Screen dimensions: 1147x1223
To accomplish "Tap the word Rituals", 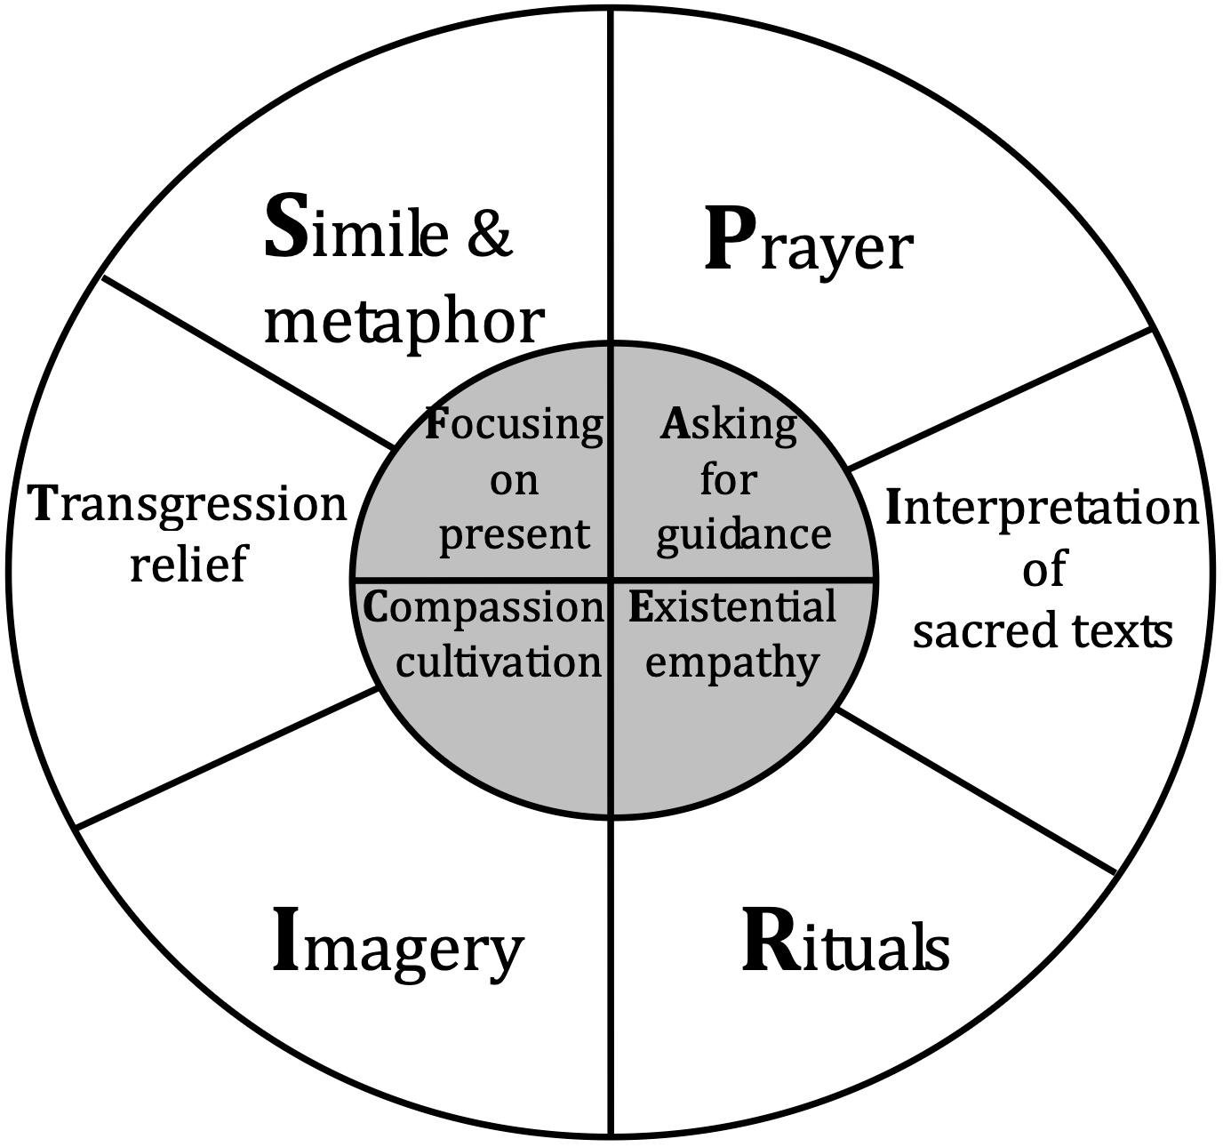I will tap(845, 947).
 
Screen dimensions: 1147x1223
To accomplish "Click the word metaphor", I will tap(404, 320).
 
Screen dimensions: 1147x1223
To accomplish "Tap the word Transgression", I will tap(188, 505).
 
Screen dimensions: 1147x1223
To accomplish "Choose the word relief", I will tap(188, 563).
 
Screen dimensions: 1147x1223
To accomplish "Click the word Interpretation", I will tap(1043, 509).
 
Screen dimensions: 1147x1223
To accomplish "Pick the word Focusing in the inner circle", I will tap(514, 425).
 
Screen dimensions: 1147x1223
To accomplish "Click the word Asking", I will tap(728, 425).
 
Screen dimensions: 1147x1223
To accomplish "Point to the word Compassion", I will tap(484, 608).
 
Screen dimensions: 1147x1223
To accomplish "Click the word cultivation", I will tap(499, 662).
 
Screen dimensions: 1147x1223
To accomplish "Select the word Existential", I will tap(732, 608).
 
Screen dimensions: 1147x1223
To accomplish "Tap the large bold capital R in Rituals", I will tap(767, 944).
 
